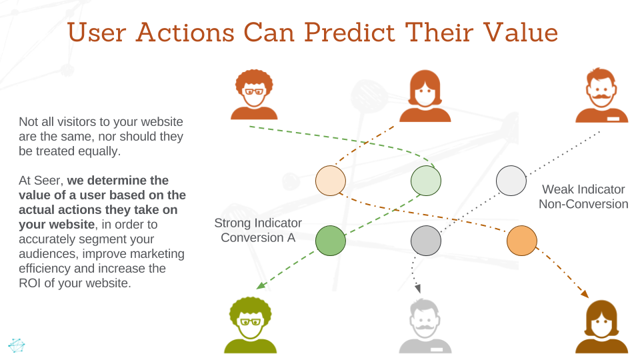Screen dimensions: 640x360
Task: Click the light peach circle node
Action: pyautogui.click(x=331, y=181)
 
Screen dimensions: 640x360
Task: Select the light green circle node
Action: pyautogui.click(x=426, y=181)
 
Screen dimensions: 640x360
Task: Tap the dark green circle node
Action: pyautogui.click(x=331, y=241)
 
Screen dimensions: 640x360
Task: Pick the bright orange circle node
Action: pyautogui.click(x=521, y=241)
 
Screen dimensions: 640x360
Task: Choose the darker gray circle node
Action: pyautogui.click(x=426, y=241)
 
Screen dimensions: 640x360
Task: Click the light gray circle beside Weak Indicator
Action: pyautogui.click(x=511, y=181)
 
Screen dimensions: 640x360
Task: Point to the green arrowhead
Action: pyautogui.click(x=261, y=285)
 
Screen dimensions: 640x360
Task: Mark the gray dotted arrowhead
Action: pyautogui.click(x=417, y=289)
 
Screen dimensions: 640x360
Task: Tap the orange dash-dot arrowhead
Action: pyautogui.click(x=585, y=293)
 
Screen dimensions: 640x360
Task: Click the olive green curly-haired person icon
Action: pyautogui.click(x=250, y=325)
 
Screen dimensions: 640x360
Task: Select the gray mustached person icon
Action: pyautogui.click(x=425, y=326)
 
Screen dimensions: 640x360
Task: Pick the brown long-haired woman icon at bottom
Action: pyautogui.click(x=601, y=327)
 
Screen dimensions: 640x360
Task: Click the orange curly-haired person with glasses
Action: pyautogui.click(x=254, y=94)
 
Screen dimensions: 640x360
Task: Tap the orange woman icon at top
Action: pyautogui.click(x=425, y=96)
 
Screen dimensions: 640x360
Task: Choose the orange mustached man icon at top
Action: pyautogui.click(x=601, y=95)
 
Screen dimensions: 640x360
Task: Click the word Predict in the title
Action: pyautogui.click(x=350, y=32)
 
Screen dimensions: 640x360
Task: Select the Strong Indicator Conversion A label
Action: pyautogui.click(x=258, y=230)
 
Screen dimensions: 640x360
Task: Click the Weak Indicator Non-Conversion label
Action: pyautogui.click(x=583, y=197)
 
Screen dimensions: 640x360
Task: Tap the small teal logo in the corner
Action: pyautogui.click(x=16, y=345)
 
